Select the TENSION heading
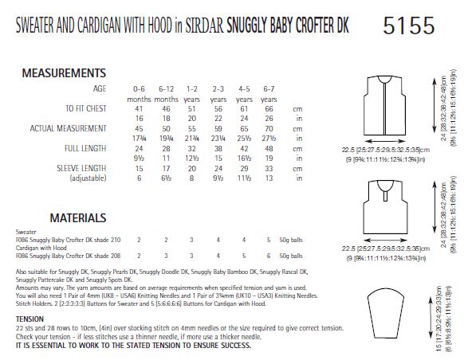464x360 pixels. pos(30,317)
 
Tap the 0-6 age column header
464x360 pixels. pos(139,89)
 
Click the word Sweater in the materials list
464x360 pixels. pos(27,233)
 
